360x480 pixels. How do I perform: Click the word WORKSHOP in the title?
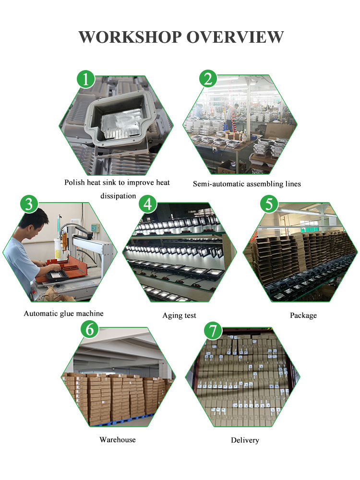click(x=130, y=37)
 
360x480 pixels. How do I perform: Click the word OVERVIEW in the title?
click(x=235, y=37)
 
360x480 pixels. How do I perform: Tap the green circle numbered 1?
click(x=86, y=79)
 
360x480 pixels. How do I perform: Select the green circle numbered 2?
click(x=208, y=79)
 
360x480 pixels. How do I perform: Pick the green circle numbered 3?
click(x=29, y=204)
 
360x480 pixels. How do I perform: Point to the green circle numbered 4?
click(x=148, y=204)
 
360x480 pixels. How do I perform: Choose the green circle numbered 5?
click(x=269, y=204)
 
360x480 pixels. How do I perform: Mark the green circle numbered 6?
click(x=90, y=329)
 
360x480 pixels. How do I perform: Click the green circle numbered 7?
click(x=213, y=331)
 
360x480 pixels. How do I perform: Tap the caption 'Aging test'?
click(x=179, y=316)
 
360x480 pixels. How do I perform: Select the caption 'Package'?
click(x=303, y=316)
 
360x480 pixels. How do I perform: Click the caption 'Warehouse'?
click(x=118, y=440)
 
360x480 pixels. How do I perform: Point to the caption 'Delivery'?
click(x=245, y=440)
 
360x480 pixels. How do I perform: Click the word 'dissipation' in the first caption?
click(x=118, y=196)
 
